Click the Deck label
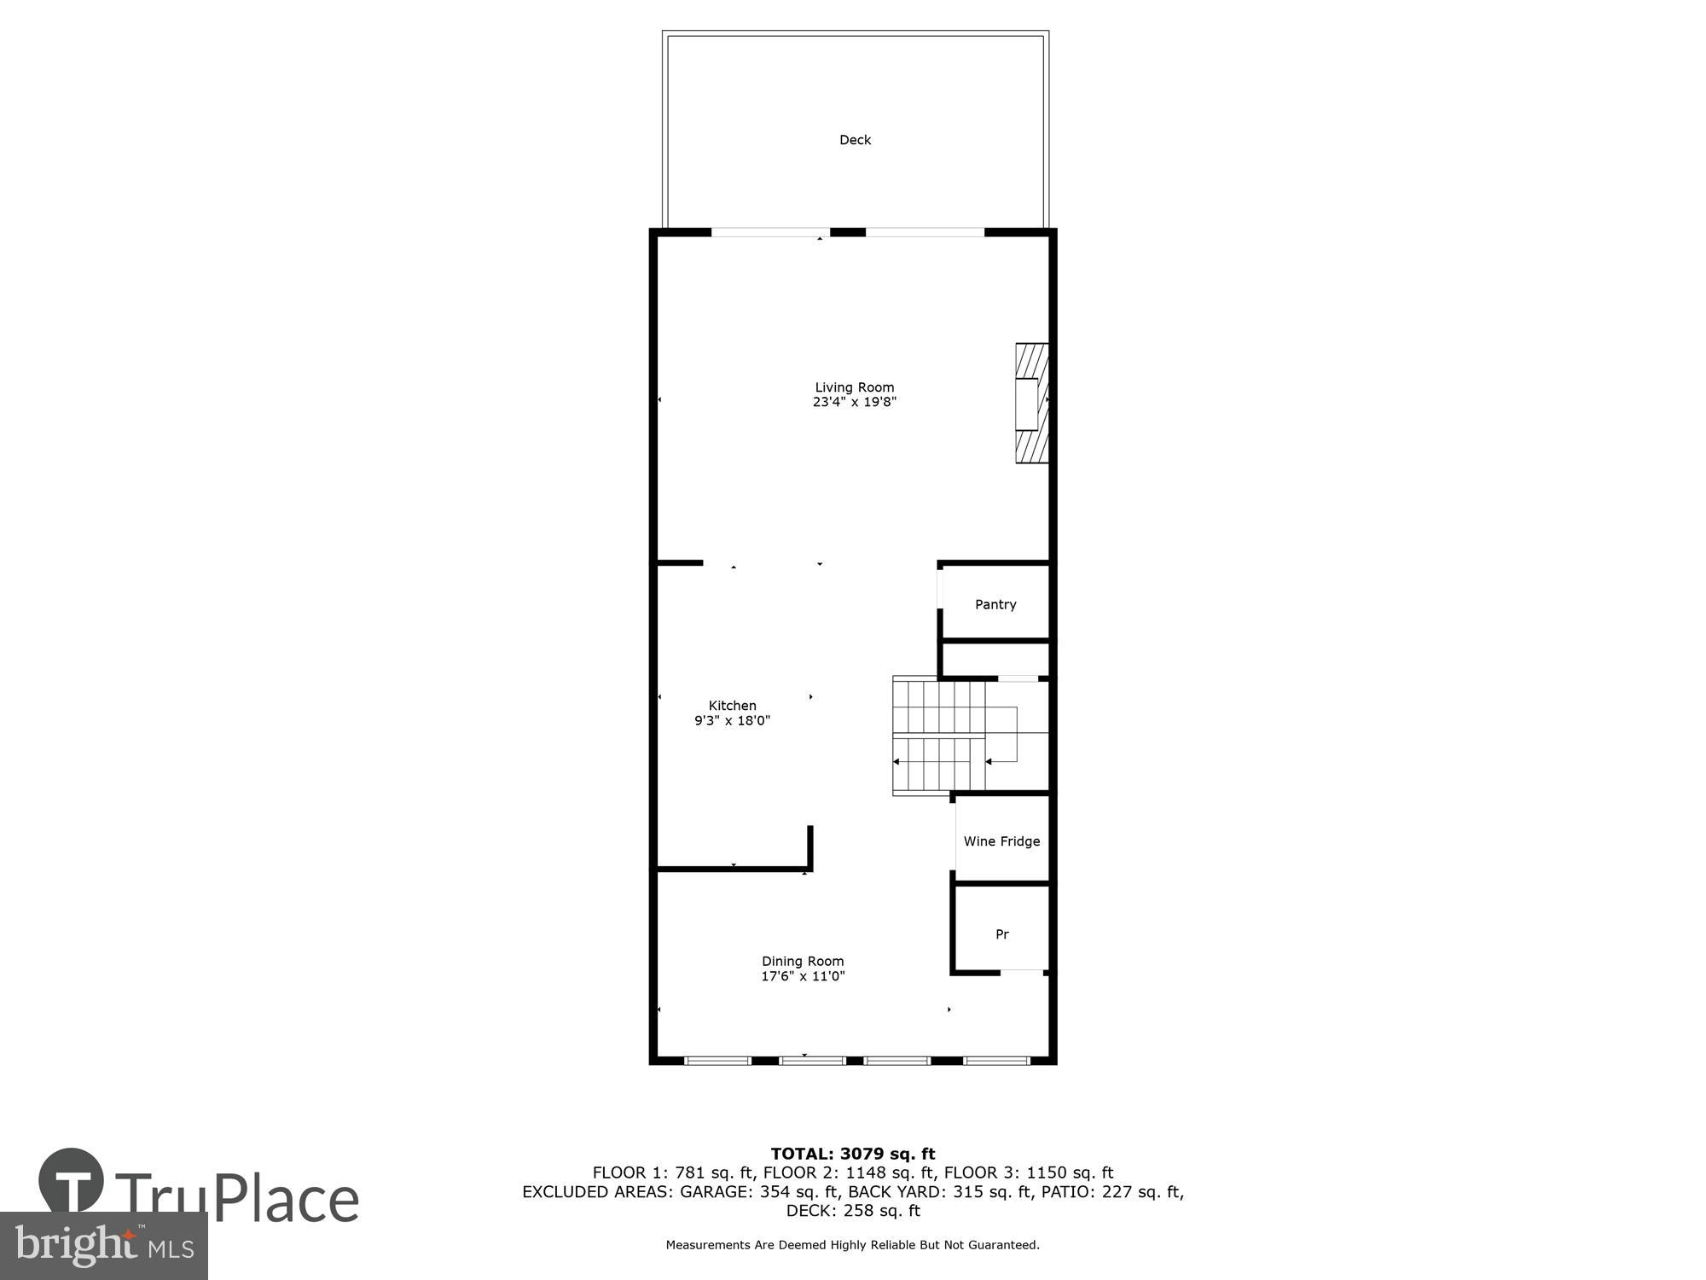(x=855, y=140)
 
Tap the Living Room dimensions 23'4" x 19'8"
(x=854, y=402)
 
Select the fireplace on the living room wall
(x=1030, y=404)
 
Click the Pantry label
(x=995, y=604)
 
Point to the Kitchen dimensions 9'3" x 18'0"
(x=732, y=720)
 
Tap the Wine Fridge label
(x=1001, y=841)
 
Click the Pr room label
(x=1002, y=934)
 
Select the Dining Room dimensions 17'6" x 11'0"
(x=803, y=976)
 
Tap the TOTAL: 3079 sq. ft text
(x=853, y=1155)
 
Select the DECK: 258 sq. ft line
(x=853, y=1211)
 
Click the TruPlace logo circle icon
(x=72, y=1180)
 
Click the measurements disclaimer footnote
(x=853, y=1245)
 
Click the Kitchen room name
(x=732, y=706)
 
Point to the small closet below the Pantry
(x=995, y=660)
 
